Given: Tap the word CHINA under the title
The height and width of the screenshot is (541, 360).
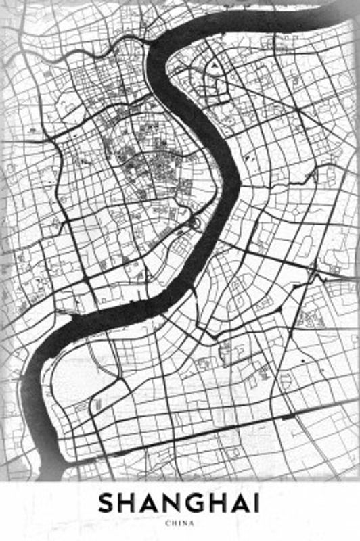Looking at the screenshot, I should [180, 523].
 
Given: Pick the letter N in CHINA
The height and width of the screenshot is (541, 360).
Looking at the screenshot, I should [184, 523].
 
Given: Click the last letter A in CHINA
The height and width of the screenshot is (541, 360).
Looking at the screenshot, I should [192, 523].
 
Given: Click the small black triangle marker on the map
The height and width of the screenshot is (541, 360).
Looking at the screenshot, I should [214, 66].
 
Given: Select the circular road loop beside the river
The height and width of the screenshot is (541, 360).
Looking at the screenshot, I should [195, 223].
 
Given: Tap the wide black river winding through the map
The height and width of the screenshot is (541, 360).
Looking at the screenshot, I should [223, 149].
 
